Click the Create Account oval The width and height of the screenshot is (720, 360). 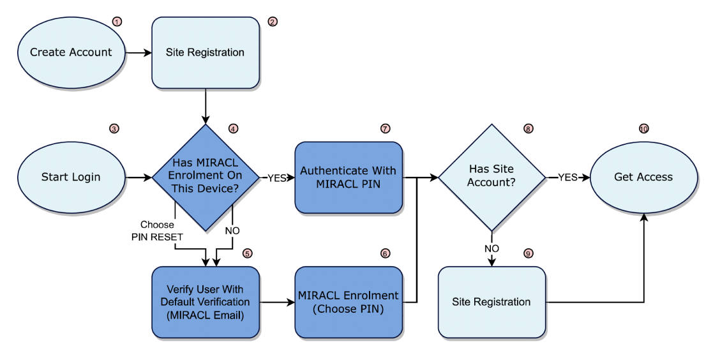pyautogui.click(x=71, y=52)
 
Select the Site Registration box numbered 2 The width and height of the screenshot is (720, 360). pyautogui.click(x=205, y=52)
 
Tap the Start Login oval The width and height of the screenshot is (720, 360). pyautogui.click(x=71, y=177)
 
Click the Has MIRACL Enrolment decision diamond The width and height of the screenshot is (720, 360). pyautogui.click(x=205, y=177)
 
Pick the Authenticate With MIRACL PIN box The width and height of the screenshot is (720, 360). pyautogui.click(x=349, y=177)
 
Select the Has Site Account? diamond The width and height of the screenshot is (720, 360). pyautogui.click(x=491, y=177)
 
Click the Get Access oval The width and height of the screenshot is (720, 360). pyautogui.click(x=643, y=177)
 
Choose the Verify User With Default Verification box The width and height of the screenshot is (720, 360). pyautogui.click(x=205, y=301)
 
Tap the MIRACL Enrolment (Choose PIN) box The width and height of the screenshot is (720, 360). pyautogui.click(x=349, y=301)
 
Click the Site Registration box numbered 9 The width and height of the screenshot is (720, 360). pyautogui.click(x=491, y=301)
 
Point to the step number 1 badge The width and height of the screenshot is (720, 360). pyautogui.click(x=116, y=22)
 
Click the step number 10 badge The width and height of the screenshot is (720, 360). pyautogui.click(x=643, y=128)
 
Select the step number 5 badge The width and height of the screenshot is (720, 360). pyautogui.click(x=248, y=253)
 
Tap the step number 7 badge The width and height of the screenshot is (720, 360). pyautogui.click(x=385, y=128)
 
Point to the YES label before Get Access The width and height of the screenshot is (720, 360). pyautogui.click(x=568, y=177)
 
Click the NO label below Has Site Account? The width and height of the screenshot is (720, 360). pyautogui.click(x=491, y=248)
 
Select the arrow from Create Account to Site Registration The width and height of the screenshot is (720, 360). pyautogui.click(x=137, y=52)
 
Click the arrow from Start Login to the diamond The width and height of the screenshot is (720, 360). pyautogui.click(x=139, y=177)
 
